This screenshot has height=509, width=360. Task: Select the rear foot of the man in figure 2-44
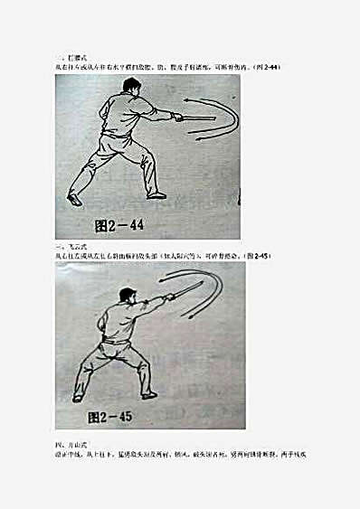pyautogui.click(x=74, y=199)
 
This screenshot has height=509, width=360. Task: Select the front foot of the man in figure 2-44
pyautogui.click(x=156, y=194)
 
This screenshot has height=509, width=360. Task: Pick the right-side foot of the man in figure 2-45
pyautogui.click(x=149, y=395)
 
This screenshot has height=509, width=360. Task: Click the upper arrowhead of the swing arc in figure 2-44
pyautogui.click(x=185, y=100)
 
